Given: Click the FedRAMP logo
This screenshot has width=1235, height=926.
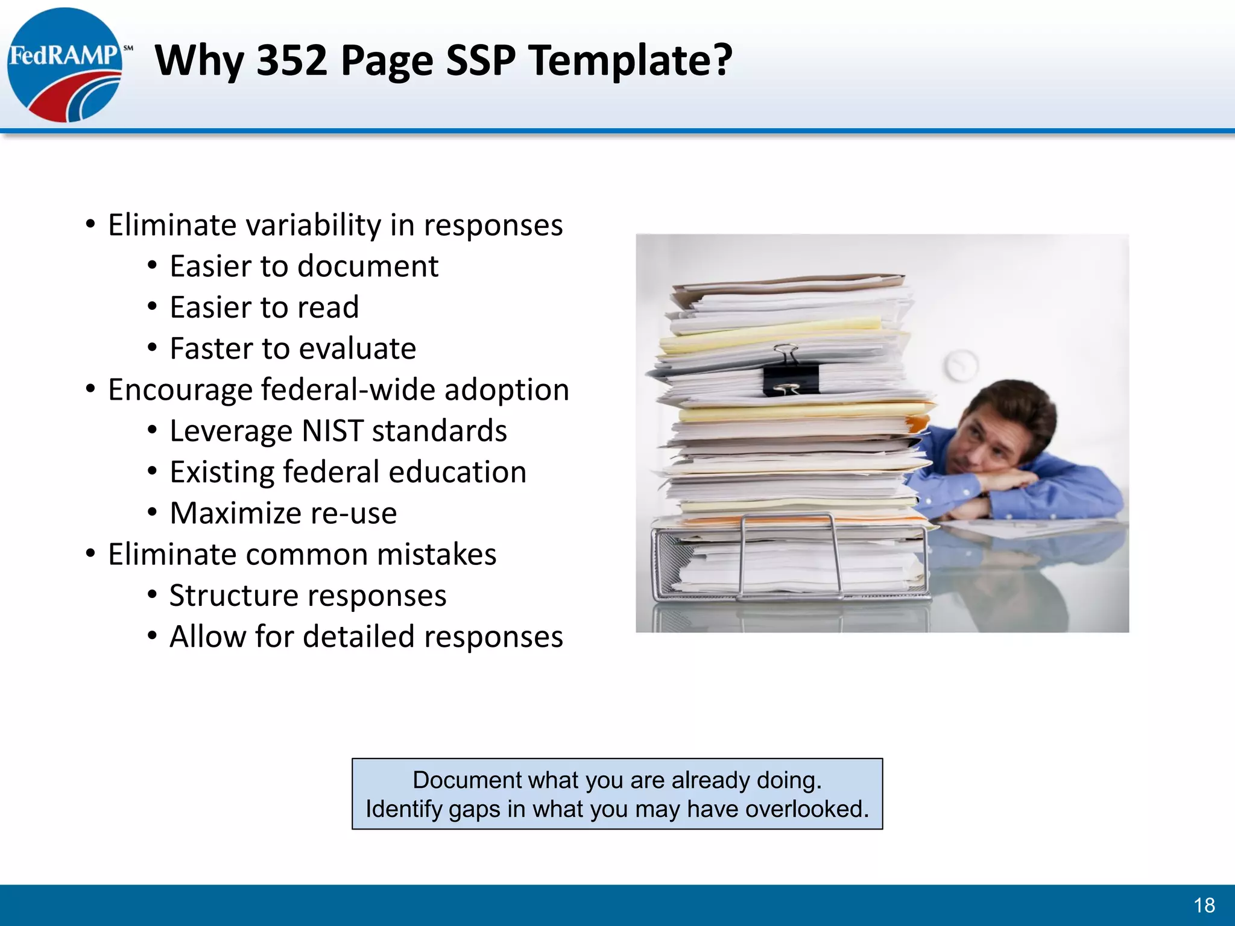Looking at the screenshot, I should [65, 65].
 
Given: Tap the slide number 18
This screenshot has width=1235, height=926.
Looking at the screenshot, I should [1204, 905].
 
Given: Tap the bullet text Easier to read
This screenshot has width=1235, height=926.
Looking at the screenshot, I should [264, 307].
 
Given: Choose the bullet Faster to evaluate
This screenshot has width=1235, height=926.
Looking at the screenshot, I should [292, 348].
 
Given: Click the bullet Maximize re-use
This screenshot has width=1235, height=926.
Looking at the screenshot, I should [283, 514].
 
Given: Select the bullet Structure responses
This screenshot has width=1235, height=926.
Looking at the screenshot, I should [308, 596].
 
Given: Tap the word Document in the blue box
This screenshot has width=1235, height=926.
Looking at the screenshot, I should [460, 780].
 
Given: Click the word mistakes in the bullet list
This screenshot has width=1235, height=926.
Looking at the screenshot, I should [436, 555].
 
